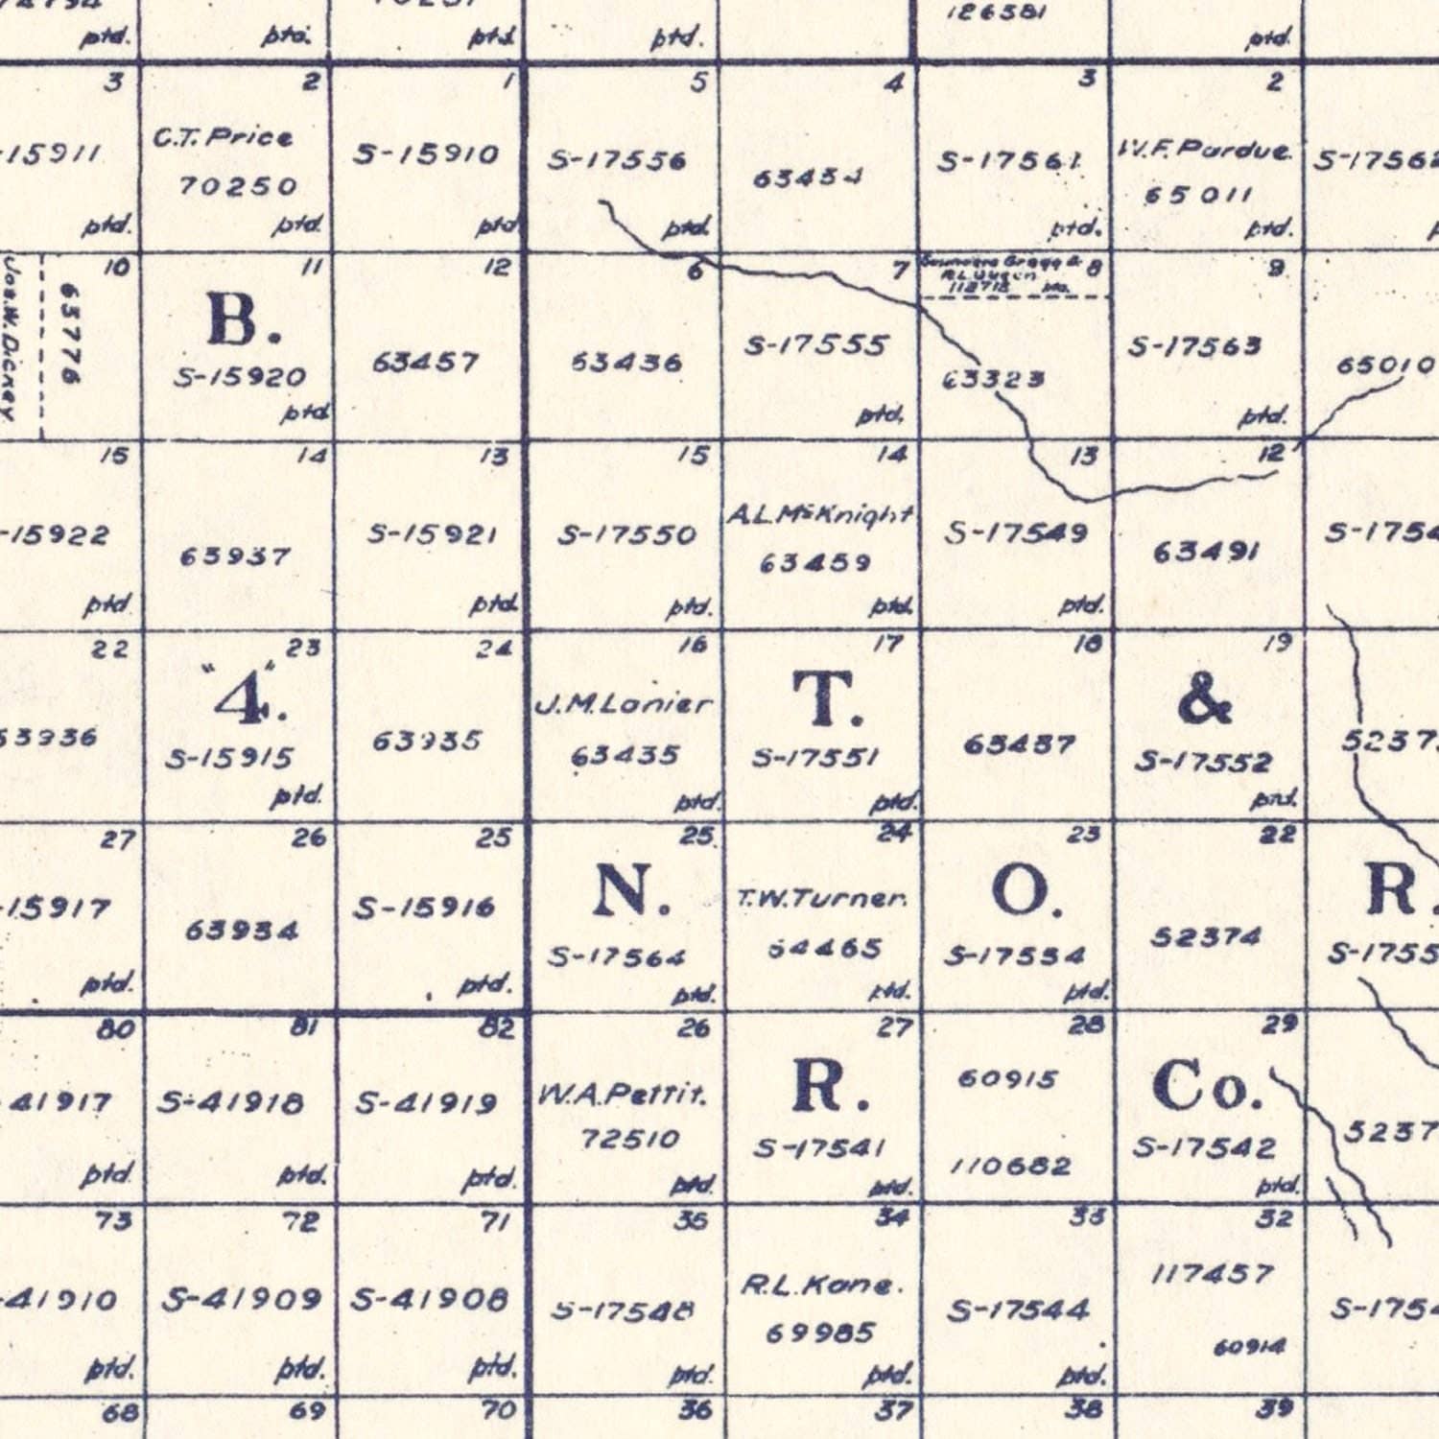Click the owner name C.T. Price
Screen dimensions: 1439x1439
tap(223, 137)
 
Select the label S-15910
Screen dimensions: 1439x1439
tap(426, 154)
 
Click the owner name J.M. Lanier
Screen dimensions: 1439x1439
tap(624, 705)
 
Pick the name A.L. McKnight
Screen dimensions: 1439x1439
tap(819, 516)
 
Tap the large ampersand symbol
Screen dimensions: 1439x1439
tap(1205, 699)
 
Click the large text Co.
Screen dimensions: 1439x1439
tap(1207, 1086)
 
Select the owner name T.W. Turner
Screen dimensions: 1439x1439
tap(822, 900)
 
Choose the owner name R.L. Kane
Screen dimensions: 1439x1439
tap(821, 1286)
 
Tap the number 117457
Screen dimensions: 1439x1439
tap(1212, 1275)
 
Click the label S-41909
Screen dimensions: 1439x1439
tap(241, 1300)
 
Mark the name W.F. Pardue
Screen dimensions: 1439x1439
tap(1204, 151)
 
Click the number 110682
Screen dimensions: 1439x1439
tap(1010, 1167)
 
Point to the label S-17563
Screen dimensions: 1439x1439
tap(1193, 346)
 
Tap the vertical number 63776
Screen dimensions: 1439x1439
tap(70, 334)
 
